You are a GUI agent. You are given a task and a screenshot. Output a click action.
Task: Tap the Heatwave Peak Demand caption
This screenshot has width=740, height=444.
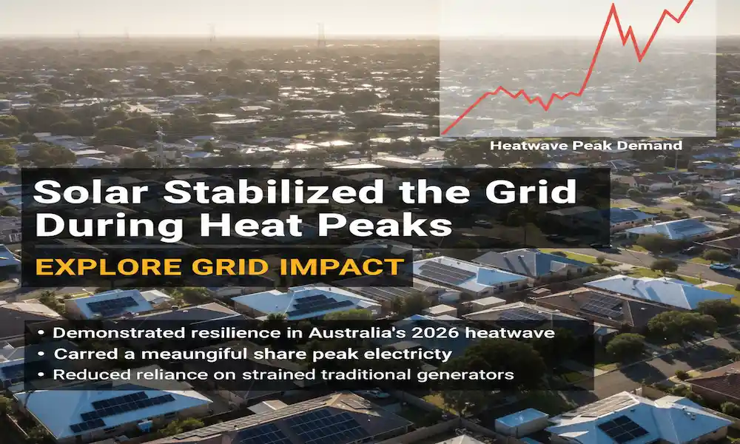point(585,146)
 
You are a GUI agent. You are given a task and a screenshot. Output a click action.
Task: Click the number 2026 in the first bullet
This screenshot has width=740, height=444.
point(444,333)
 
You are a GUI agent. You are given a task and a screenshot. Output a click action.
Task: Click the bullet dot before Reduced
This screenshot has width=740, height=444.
point(41,374)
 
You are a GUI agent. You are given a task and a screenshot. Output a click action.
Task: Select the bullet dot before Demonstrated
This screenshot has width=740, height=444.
point(41,333)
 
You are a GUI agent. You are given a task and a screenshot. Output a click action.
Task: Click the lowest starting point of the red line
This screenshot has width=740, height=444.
point(443,134)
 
